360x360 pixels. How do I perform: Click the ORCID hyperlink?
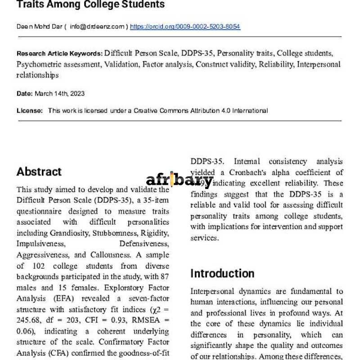tap(185, 27)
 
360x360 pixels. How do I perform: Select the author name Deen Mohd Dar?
tap(39, 27)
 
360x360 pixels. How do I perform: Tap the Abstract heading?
tap(39, 171)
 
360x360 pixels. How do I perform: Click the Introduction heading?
tap(222, 273)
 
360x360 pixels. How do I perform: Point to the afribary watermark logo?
tap(179, 181)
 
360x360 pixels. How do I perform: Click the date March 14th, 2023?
tap(59, 94)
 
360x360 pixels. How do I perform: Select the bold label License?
tap(30, 110)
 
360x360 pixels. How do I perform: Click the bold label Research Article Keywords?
tap(59, 53)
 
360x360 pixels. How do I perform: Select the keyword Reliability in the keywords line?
tap(276, 64)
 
